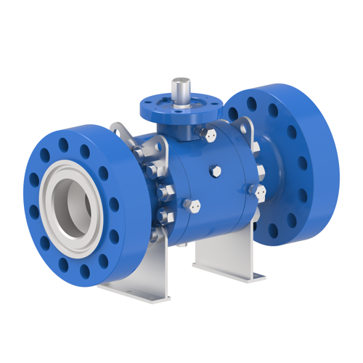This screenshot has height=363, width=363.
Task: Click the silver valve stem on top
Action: tap(179, 90)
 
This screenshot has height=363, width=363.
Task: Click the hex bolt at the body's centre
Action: tap(216, 171)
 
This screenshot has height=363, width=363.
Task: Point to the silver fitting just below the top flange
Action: tap(208, 135)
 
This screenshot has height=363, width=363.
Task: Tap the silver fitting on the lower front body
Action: tap(192, 206)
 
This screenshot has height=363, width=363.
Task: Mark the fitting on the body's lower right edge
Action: tap(258, 192)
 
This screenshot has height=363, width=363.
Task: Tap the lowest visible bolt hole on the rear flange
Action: tap(274, 231)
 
